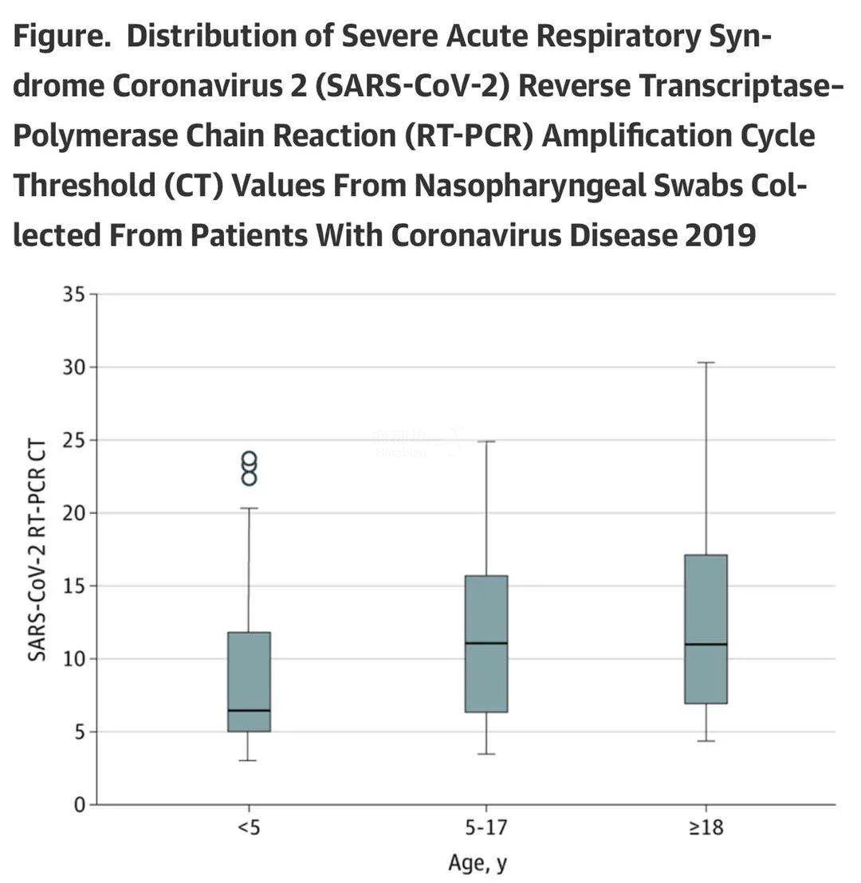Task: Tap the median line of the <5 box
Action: tap(249, 710)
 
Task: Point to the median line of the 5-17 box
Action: tap(486, 642)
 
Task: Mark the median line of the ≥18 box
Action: tap(706, 644)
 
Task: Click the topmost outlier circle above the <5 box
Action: tap(249, 459)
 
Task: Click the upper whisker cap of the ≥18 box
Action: tap(706, 363)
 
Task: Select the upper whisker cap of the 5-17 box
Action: tap(486, 441)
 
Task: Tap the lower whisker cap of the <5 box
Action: tap(249, 760)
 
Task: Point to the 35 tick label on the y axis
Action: tap(73, 294)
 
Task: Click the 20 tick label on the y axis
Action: tap(73, 512)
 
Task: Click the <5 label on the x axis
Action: tap(249, 828)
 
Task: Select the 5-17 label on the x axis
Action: tap(486, 828)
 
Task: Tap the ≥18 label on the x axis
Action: tap(706, 828)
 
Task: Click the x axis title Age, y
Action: tap(478, 862)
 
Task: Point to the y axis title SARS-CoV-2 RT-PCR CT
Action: tap(37, 549)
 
